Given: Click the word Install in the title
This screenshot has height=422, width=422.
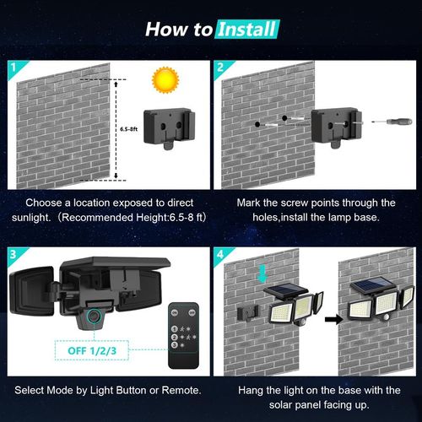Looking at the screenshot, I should (246, 30).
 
